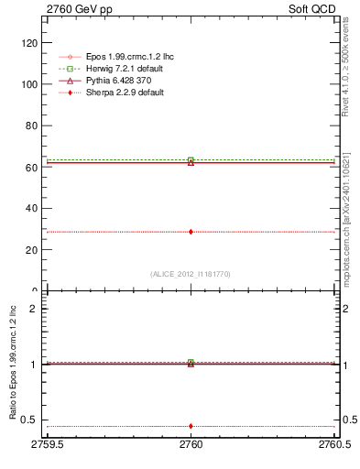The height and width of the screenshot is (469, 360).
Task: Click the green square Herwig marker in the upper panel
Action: (x=191, y=160)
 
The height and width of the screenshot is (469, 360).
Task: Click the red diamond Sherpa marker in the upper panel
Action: (x=191, y=232)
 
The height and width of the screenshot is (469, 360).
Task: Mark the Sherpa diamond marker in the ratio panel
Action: (x=191, y=426)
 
